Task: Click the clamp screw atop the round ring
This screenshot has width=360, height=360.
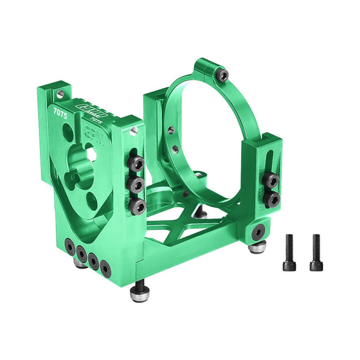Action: [223, 75]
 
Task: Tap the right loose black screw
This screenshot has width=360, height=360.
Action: [315, 252]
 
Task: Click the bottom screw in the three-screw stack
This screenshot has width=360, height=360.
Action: [137, 206]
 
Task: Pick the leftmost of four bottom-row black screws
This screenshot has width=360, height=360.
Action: [71, 246]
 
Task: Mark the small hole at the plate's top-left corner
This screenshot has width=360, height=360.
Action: [61, 95]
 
